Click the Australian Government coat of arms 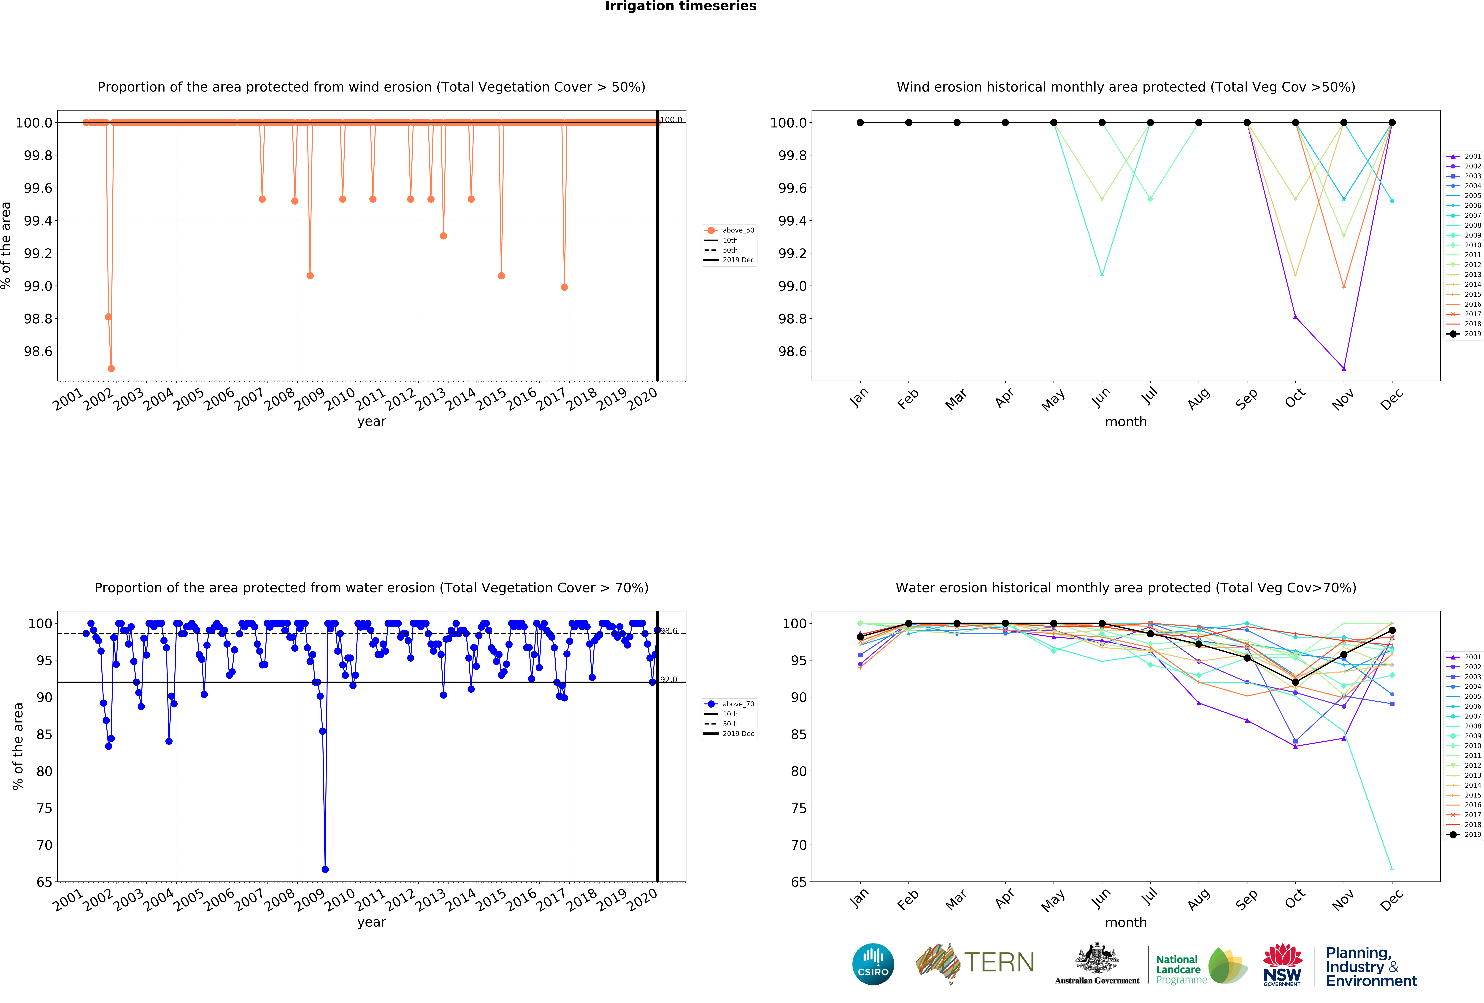coord(1096,958)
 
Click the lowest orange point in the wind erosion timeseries coord(111,368)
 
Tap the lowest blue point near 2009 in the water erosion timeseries coord(325,869)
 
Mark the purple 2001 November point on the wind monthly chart coord(1343,368)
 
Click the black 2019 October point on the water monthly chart coord(1295,682)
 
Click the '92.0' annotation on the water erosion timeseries coord(669,679)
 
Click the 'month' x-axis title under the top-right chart coord(1126,421)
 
